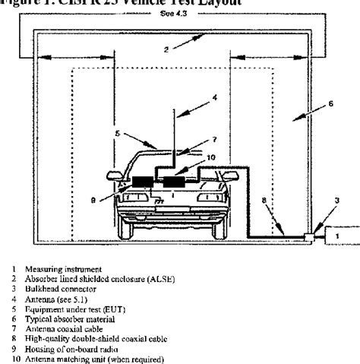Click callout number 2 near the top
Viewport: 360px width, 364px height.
tap(166, 49)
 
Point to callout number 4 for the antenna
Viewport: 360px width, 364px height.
tap(214, 98)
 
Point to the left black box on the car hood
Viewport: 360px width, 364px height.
tap(142, 182)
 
